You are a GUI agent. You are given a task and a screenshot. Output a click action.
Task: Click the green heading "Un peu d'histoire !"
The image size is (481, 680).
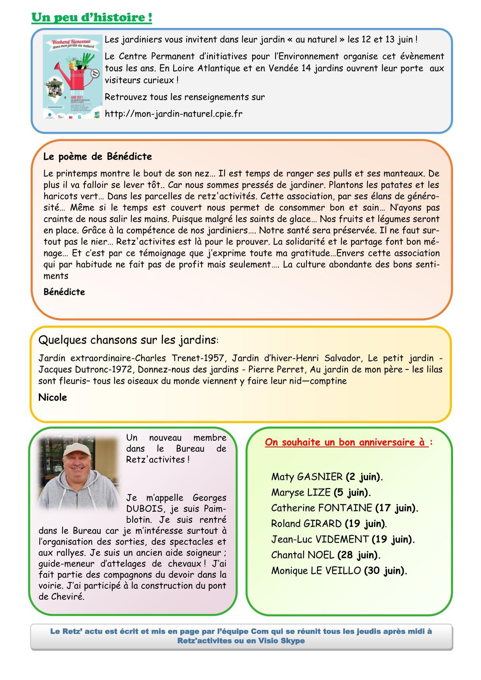(92, 17)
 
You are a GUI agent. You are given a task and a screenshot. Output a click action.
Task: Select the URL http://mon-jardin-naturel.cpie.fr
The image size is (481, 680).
(174, 114)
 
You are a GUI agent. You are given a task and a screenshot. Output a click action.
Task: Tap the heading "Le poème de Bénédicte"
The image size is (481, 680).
(98, 157)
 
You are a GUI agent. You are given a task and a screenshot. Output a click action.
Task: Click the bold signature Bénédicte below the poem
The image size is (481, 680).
(64, 292)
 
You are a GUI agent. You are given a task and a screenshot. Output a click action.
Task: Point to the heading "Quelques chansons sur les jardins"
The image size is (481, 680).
(127, 340)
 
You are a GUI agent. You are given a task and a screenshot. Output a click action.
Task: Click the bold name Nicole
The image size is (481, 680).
(52, 398)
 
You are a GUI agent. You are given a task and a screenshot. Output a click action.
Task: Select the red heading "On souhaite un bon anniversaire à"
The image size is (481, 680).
(347, 442)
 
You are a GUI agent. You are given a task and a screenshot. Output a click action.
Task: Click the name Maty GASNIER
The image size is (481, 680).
(307, 477)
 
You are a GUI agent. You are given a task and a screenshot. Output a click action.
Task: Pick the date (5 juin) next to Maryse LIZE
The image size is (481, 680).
(352, 492)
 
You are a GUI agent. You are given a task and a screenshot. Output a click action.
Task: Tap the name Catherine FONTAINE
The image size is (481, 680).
(321, 508)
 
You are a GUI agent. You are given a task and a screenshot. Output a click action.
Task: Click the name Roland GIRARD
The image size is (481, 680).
(306, 523)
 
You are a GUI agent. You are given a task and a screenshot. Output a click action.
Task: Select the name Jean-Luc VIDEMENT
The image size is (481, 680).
(320, 539)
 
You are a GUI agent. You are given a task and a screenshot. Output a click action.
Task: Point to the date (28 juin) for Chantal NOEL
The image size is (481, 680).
(359, 555)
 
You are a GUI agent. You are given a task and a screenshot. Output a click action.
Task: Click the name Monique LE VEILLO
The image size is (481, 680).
(316, 570)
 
